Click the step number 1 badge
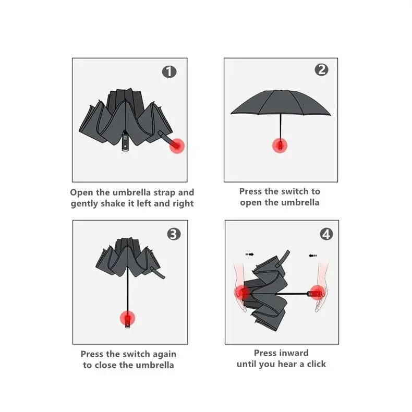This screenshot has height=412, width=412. click(169, 72)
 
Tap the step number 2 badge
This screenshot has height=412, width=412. click(321, 70)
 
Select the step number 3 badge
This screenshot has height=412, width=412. click(174, 234)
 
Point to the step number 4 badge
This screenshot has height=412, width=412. click(326, 234)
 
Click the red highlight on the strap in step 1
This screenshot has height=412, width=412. click(177, 146)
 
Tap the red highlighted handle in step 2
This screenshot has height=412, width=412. click(280, 146)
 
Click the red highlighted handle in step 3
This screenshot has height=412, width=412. click(127, 318)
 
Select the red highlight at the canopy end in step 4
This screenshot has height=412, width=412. click(243, 293)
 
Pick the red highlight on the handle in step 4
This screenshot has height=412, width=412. click(318, 293)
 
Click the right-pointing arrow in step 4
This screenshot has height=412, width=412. click(250, 255)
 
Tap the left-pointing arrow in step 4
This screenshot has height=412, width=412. click(313, 256)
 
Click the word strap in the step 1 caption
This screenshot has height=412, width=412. click(164, 192)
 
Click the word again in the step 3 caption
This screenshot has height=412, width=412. click(164, 355)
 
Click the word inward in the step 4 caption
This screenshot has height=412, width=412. click(294, 353)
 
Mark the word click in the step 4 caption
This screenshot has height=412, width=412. click(317, 364)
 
